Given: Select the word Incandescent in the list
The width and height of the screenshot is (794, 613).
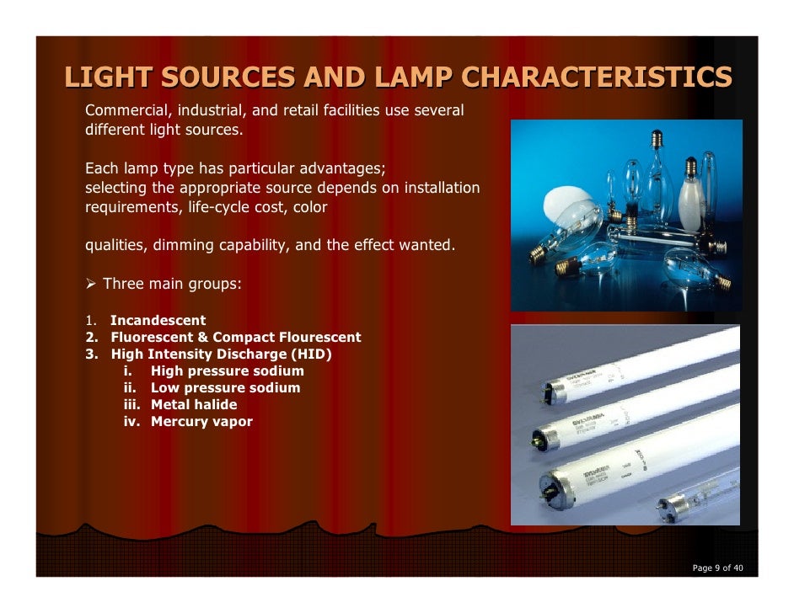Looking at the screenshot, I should tap(158, 321).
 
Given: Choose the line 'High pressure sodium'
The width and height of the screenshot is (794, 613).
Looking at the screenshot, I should tap(227, 371).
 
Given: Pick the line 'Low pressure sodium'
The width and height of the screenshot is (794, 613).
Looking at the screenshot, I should tap(225, 388).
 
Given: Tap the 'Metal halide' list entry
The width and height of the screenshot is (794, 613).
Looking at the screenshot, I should tap(194, 405).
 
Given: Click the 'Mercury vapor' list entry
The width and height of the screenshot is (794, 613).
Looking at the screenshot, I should tap(201, 422).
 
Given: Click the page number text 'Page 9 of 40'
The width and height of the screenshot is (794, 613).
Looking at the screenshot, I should tap(717, 568).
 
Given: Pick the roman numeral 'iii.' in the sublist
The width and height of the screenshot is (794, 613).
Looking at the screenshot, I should tap(133, 405).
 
